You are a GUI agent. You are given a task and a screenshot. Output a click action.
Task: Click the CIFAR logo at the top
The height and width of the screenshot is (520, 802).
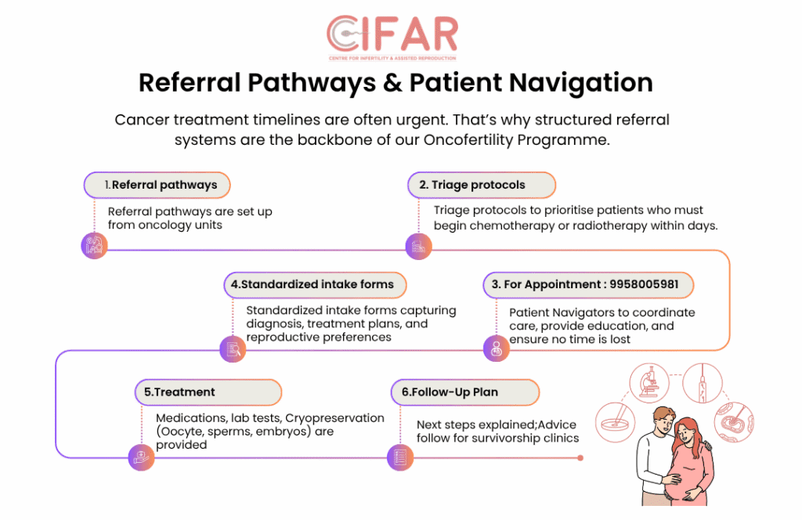coord(392,35)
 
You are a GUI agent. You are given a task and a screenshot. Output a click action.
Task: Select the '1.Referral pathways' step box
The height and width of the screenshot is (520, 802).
coord(157,186)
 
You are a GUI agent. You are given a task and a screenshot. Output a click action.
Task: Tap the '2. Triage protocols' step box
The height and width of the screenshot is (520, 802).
coord(481,186)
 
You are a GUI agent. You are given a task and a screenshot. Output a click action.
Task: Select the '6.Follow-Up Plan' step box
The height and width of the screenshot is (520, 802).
coord(464,392)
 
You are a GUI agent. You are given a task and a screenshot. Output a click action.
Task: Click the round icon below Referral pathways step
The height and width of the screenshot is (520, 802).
coord(94,246)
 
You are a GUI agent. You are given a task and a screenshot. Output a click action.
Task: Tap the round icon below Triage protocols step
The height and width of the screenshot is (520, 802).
coord(417,247)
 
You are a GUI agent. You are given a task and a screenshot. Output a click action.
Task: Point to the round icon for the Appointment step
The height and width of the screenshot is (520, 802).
coord(496,348)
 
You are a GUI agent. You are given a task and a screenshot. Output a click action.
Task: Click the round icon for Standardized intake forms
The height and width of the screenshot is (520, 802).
coord(233,348)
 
